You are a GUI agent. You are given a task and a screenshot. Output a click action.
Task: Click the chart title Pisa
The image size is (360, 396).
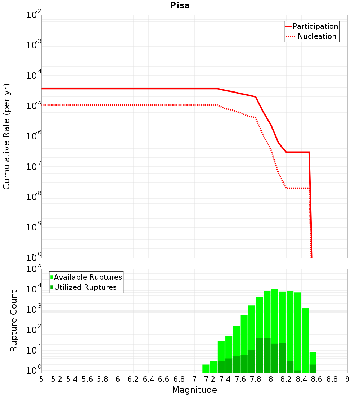click(180, 6)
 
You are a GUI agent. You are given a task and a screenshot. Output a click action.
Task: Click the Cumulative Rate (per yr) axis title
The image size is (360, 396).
click(6, 136)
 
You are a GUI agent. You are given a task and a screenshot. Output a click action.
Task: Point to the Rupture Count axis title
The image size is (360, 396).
click(14, 321)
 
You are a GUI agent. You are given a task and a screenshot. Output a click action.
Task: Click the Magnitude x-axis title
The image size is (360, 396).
click(194, 390)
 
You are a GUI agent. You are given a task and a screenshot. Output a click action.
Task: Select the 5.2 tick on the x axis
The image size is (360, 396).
click(57, 379)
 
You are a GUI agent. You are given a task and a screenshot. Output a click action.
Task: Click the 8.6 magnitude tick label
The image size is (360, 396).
click(316, 379)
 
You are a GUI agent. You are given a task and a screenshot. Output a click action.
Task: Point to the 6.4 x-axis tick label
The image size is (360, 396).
click(148, 379)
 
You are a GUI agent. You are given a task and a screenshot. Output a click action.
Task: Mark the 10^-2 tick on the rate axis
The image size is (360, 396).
click(34, 15)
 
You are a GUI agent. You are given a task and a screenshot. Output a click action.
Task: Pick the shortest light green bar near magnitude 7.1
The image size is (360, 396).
click(206, 368)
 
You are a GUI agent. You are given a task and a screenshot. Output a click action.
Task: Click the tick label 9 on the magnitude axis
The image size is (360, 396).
click(347, 379)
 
